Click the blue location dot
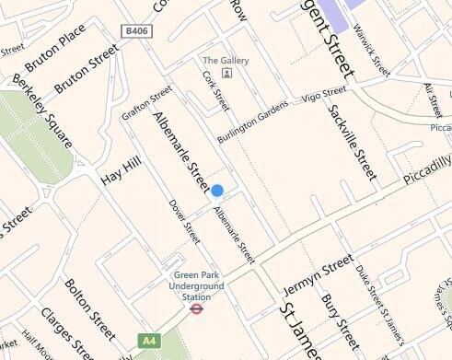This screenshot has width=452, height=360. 217,191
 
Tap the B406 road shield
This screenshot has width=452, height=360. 134,31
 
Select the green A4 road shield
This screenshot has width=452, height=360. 147,341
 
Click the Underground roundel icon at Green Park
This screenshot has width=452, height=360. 195,309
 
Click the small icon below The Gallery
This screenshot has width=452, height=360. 226,73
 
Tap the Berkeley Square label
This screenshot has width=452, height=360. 42,112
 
